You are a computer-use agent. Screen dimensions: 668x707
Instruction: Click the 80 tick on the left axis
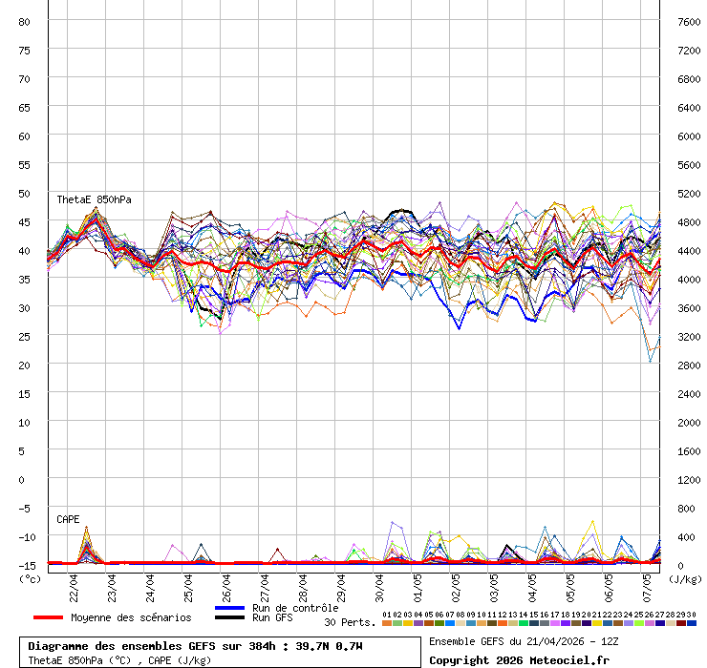coord(25,21)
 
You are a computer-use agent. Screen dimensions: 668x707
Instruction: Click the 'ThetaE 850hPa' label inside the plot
coord(94,199)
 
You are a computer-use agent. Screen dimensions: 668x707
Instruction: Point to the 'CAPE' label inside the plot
coord(68,519)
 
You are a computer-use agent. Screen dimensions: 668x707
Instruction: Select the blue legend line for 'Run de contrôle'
coord(229,608)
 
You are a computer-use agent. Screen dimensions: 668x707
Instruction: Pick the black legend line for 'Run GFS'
coord(229,617)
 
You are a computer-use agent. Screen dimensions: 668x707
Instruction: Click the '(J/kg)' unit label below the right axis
coord(684,578)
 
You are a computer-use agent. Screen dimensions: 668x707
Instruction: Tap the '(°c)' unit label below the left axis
coord(30,578)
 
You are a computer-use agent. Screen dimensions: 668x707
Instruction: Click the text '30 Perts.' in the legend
coord(350,622)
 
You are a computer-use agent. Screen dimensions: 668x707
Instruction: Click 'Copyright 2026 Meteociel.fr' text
coord(519,659)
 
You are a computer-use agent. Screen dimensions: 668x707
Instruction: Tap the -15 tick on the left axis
coord(25,565)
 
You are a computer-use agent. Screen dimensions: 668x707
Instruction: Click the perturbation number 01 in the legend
coord(386,615)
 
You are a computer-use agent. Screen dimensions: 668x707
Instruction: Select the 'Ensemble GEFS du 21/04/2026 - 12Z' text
coord(525,641)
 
